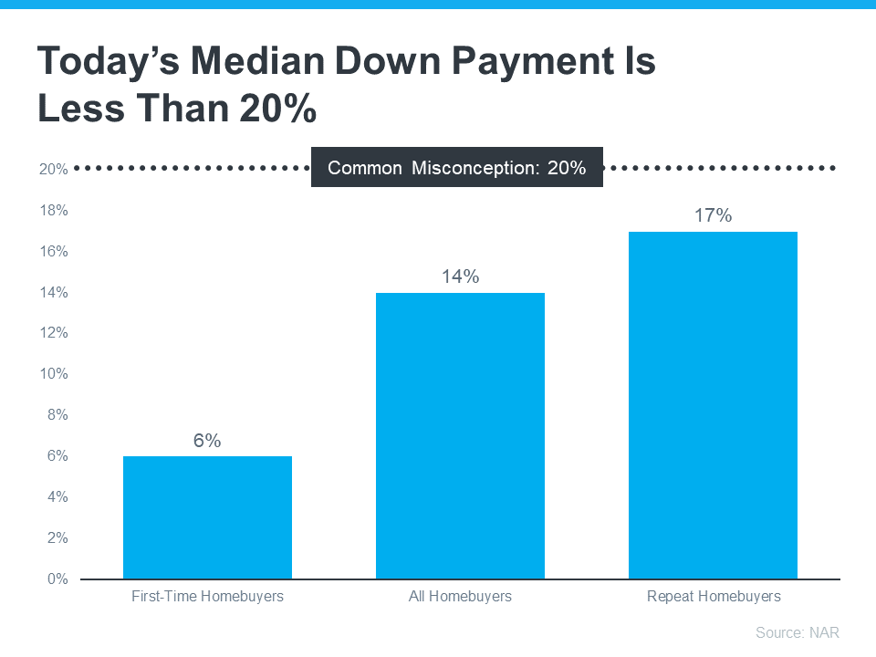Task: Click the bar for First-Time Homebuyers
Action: coord(207,517)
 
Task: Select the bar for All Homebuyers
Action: coord(460,435)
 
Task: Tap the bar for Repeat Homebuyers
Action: coord(713,405)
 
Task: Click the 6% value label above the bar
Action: coord(207,441)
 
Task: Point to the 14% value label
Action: coord(460,276)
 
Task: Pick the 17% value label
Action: coord(713,215)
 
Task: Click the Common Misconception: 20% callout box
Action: coord(456,168)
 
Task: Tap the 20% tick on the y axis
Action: coord(53,170)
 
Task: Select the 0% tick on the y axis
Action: coord(57,579)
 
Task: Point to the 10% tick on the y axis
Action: coord(53,374)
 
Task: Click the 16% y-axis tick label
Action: coord(53,252)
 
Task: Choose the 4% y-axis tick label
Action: coord(57,497)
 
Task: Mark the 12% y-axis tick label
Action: coord(53,333)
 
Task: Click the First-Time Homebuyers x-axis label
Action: coord(207,597)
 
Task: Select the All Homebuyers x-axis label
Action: coord(460,597)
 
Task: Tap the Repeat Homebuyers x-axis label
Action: coord(714,597)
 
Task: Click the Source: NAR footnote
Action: coord(797,632)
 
